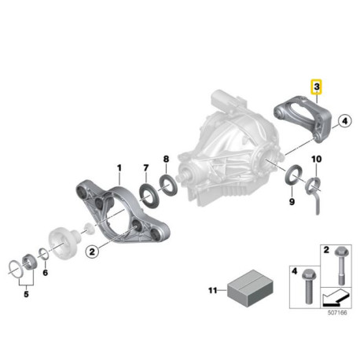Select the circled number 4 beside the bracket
343,121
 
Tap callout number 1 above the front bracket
119,167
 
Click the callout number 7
145,167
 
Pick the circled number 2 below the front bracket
92,252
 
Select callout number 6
45,272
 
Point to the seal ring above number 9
290,174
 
